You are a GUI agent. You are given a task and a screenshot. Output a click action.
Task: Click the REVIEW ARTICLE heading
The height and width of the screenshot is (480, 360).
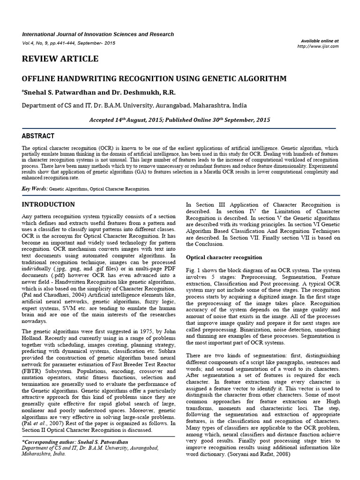point(60,59)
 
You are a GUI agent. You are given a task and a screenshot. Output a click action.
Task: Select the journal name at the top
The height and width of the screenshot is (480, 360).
point(98,34)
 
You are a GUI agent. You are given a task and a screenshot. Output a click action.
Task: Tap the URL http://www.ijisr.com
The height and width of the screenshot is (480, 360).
point(318,46)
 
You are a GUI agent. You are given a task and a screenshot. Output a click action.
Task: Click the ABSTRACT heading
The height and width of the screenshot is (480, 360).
point(38,136)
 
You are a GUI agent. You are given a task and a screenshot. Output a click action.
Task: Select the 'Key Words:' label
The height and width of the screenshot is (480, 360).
point(35,188)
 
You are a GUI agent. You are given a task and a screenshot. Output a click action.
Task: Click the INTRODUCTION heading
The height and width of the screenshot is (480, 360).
point(48,204)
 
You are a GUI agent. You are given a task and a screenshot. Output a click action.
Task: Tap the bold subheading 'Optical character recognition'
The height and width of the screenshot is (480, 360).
point(224,257)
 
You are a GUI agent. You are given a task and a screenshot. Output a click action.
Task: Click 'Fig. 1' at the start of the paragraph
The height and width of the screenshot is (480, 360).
point(194,270)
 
